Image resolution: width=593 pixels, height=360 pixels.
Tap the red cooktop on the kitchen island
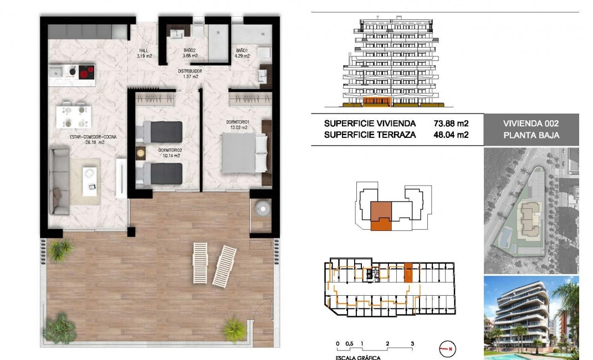click(86, 72)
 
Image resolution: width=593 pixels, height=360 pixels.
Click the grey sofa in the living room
click(58, 180)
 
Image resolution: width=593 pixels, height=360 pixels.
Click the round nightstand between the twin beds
click(140, 152)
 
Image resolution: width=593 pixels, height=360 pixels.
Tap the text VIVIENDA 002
click(531, 124)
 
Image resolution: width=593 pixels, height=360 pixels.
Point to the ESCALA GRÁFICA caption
click(358, 357)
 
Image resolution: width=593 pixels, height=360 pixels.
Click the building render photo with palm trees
click(531, 317)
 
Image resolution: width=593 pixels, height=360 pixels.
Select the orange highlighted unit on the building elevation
click(377, 102)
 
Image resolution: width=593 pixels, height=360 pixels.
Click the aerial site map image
click(531, 210)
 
